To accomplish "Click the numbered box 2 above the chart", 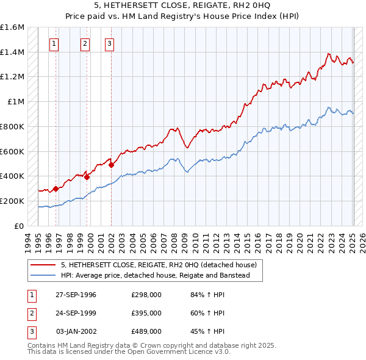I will [x=84, y=43].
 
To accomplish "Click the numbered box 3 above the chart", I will [x=109, y=43].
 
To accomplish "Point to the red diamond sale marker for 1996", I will [x=56, y=189].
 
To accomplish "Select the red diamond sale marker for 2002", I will [x=112, y=165].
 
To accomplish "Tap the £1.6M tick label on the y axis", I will [x=12, y=27].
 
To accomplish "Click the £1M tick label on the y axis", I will [x=16, y=102].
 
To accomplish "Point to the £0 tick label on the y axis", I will [x=20, y=226].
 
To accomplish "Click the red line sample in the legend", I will [x=43, y=265].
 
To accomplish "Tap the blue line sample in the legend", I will [x=43, y=276].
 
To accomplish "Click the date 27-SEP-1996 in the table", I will [x=76, y=295].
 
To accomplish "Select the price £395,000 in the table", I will [x=146, y=313].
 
